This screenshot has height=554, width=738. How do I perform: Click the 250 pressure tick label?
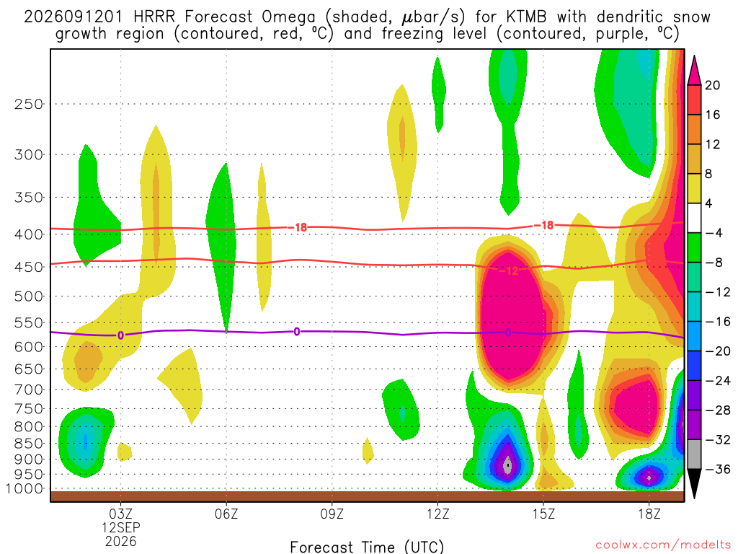coord(29,104)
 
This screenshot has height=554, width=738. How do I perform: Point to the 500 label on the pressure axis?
coord(29,296)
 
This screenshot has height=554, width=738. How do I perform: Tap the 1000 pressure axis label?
coord(25,489)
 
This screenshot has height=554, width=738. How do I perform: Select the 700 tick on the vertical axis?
coord(29,390)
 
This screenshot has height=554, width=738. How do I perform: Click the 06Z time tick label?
coord(226,514)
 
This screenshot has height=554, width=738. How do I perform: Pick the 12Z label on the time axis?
coord(437,514)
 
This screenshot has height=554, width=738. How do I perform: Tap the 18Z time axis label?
coord(649,514)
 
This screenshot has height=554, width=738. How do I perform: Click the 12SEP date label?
coord(121,527)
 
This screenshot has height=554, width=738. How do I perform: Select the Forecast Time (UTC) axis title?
coord(367,547)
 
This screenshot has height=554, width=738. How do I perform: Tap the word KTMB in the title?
coord(527,17)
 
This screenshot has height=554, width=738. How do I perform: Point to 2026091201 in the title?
coord(73,17)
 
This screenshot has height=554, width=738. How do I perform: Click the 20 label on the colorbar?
coord(712,85)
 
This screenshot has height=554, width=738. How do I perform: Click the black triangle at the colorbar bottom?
coord(694,483)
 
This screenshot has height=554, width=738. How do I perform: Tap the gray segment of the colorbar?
coord(694,454)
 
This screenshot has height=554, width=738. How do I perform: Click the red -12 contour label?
coord(508,271)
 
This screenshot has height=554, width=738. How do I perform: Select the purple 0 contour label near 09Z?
coord(296,332)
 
